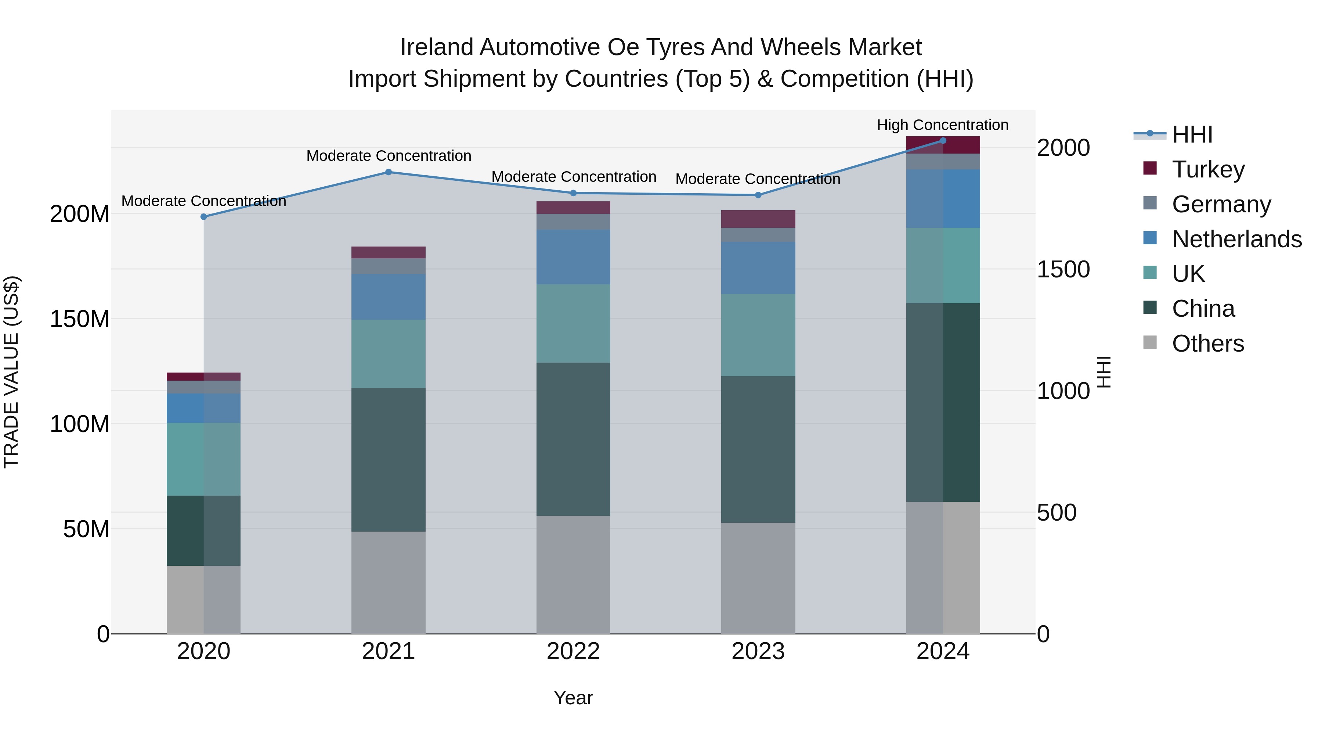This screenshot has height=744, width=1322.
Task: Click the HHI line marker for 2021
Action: (389, 172)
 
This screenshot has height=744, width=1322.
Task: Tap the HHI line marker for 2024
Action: (943, 141)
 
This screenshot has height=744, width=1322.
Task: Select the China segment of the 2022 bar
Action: (573, 439)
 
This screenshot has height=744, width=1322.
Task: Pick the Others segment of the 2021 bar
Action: (389, 582)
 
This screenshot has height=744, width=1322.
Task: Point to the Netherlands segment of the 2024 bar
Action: (943, 199)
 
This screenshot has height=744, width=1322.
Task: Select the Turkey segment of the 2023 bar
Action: (758, 219)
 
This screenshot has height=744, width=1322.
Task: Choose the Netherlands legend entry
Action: (1236, 239)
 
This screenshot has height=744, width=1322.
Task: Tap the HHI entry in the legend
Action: (1192, 134)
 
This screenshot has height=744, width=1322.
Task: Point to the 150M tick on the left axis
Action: (80, 319)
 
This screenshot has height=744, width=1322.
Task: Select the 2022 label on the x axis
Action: (573, 651)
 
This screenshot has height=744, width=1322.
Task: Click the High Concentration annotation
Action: (942, 125)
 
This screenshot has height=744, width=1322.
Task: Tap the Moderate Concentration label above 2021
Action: (389, 155)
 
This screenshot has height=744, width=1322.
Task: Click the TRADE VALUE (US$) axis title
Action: (11, 372)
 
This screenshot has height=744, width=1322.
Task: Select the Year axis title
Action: (573, 698)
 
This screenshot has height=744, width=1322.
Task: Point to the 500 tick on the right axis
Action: (1056, 513)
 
